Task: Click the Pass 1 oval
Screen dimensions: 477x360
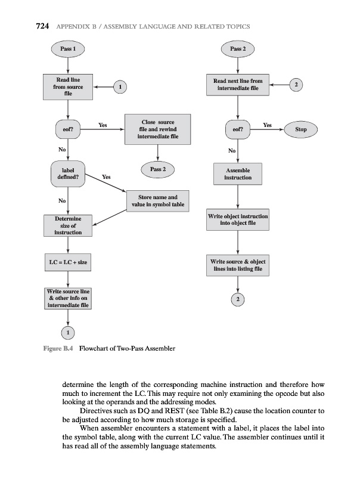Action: [x=69, y=47]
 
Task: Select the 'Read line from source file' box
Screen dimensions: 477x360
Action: [x=69, y=86]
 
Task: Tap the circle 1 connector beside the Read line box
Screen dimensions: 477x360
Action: [x=121, y=86]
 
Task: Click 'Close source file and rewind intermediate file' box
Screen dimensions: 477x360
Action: [x=157, y=129]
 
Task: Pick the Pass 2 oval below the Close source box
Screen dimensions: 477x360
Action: [x=157, y=169]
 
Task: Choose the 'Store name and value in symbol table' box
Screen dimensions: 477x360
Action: [x=157, y=201]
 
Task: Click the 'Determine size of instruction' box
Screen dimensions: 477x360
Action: [x=69, y=226]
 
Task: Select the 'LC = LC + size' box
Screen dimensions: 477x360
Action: [x=69, y=262]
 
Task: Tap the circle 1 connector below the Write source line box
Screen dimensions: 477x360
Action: [x=69, y=332]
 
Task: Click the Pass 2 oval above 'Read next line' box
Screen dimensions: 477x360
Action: [x=238, y=47]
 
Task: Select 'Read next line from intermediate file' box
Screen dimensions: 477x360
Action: [x=238, y=85]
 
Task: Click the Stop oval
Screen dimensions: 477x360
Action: [x=301, y=129]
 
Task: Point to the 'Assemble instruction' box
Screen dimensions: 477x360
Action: [x=238, y=174]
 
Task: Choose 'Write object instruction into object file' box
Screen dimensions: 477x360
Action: [x=238, y=219]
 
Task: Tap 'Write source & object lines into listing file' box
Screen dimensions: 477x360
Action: [x=238, y=266]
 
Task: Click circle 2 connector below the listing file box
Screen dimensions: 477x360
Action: [x=238, y=299]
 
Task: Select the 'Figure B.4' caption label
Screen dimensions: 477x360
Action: [x=58, y=348]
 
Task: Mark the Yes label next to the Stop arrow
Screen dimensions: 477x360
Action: [x=267, y=125]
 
